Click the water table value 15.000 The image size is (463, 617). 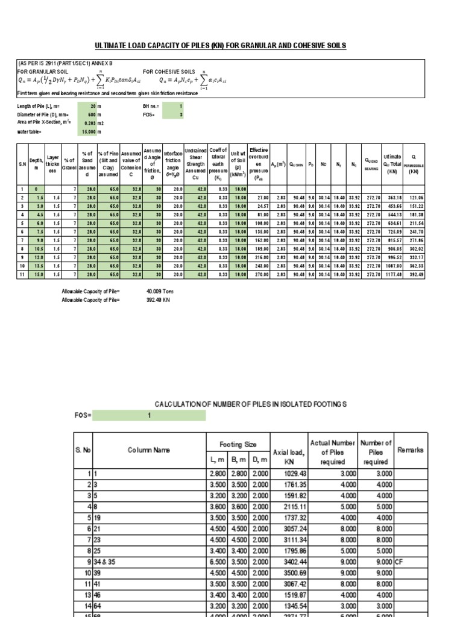tap(91, 131)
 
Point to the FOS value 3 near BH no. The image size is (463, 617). tap(181, 114)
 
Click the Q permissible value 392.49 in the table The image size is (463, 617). tap(413, 275)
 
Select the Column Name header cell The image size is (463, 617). tap(149, 449)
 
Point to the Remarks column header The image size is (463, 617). tap(411, 449)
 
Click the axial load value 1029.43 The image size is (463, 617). tap(290, 474)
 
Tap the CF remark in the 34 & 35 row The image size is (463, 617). tap(399, 561)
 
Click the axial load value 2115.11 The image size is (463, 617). tap(290, 507)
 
